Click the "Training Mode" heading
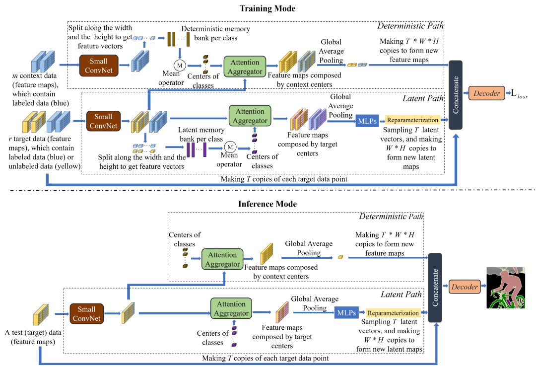coord(268,8)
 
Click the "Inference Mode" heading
coord(268,204)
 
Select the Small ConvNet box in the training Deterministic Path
coord(99,65)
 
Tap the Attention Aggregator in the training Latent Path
coord(250,116)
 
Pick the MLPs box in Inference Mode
coord(346,313)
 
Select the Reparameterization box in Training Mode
coord(412,120)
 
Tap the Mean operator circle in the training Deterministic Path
coord(178,65)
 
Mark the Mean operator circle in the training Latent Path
coord(229,147)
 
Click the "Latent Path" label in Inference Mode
coord(401,294)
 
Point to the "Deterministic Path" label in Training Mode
coord(410,26)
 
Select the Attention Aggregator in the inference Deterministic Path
coord(222,258)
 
